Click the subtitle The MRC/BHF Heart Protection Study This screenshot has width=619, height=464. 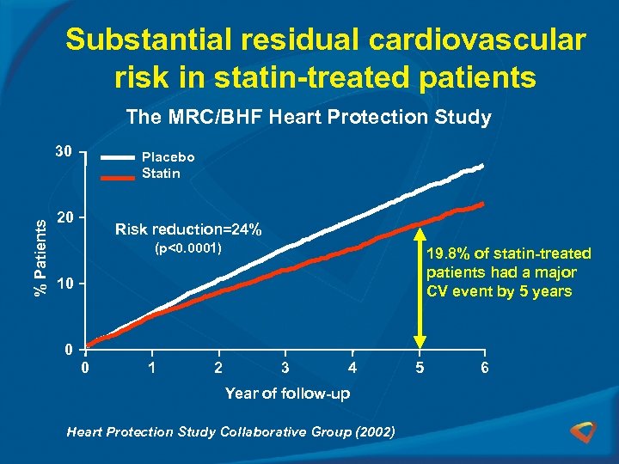(x=309, y=118)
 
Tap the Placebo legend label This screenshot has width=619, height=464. (x=169, y=157)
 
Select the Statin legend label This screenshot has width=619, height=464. (x=161, y=174)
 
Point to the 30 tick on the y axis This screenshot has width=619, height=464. (x=63, y=151)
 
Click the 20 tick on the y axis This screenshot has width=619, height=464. (x=63, y=217)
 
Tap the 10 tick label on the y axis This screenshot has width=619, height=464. (x=63, y=284)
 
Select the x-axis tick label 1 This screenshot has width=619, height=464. (x=151, y=368)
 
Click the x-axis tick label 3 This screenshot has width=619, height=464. (x=285, y=368)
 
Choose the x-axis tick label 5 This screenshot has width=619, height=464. (x=419, y=368)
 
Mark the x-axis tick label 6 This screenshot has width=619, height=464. (x=485, y=368)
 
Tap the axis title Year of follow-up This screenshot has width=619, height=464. (x=287, y=394)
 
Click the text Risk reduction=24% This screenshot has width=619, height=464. (x=188, y=229)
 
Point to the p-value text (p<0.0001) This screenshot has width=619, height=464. (x=188, y=249)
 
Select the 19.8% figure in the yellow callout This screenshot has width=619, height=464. (x=446, y=253)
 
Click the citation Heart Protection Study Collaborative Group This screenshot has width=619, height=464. (x=230, y=432)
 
